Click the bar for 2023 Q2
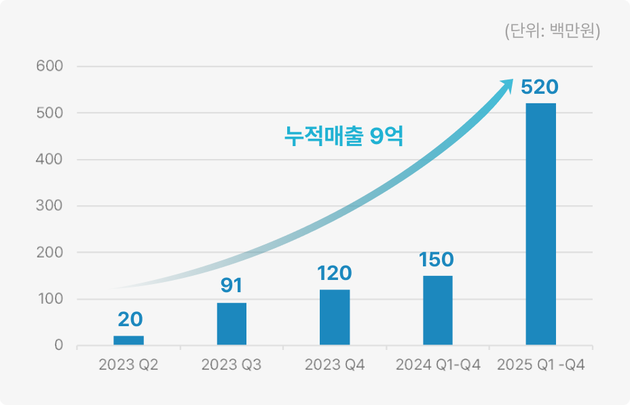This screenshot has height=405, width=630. tap(128, 340)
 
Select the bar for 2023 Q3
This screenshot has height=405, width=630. tap(231, 324)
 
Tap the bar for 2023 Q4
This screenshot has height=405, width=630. tap(335, 317)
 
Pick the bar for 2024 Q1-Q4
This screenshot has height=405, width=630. tap(438, 311)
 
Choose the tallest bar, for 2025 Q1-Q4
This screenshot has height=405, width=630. tap(541, 224)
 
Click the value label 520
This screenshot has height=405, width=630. tap(540, 87)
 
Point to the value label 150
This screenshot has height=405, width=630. tap(436, 260)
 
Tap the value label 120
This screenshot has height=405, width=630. tap(335, 273)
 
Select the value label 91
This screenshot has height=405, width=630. tap(231, 285)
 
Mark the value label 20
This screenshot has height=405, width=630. tap(128, 319)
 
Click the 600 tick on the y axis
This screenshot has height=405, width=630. tap(50, 67)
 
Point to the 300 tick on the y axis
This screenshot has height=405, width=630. tap(50, 206)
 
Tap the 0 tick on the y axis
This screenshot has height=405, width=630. tap(58, 345)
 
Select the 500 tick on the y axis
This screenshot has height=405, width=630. tap(50, 113)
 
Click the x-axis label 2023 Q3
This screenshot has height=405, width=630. tap(231, 366)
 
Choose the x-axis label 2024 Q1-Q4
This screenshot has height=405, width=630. tap(438, 366)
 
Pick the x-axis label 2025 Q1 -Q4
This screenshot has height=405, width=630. tap(541, 366)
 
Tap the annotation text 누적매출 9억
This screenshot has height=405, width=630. tap(344, 137)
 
